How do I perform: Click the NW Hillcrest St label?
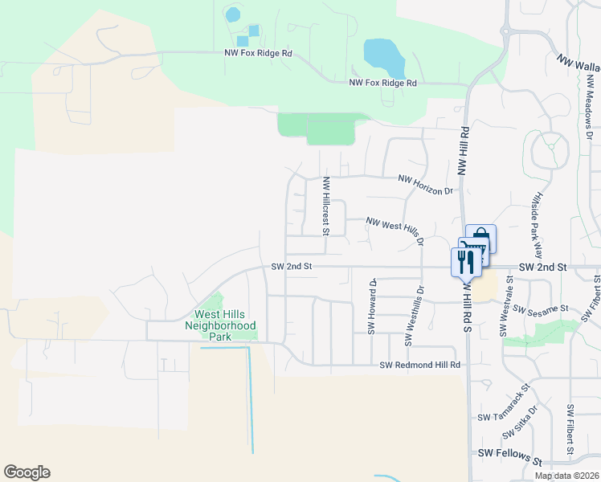pyautogui.click(x=326, y=206)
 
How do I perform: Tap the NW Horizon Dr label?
pyautogui.click(x=426, y=185)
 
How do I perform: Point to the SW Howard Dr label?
pyautogui.click(x=372, y=306)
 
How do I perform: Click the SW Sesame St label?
pyautogui.click(x=540, y=308)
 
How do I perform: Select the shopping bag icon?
pyautogui.click(x=480, y=238)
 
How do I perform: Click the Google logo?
pyautogui.click(x=27, y=472)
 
